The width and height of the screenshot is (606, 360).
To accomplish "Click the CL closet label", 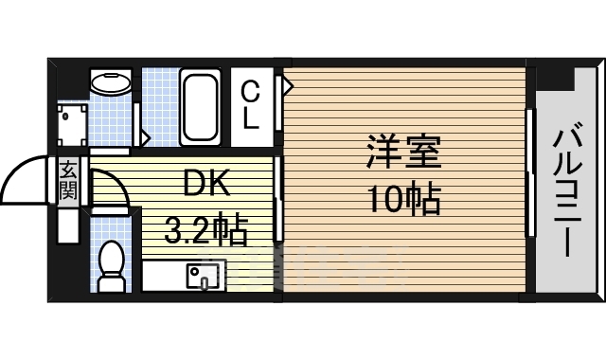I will (x=250, y=105).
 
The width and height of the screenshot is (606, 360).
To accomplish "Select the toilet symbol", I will (x=113, y=264).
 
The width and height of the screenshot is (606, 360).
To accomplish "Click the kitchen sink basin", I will (x=201, y=276).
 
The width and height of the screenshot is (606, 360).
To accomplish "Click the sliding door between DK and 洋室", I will (x=277, y=199).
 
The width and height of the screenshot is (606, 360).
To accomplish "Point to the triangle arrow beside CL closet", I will (x=285, y=87).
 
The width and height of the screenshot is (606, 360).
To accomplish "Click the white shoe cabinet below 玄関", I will (x=69, y=225).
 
